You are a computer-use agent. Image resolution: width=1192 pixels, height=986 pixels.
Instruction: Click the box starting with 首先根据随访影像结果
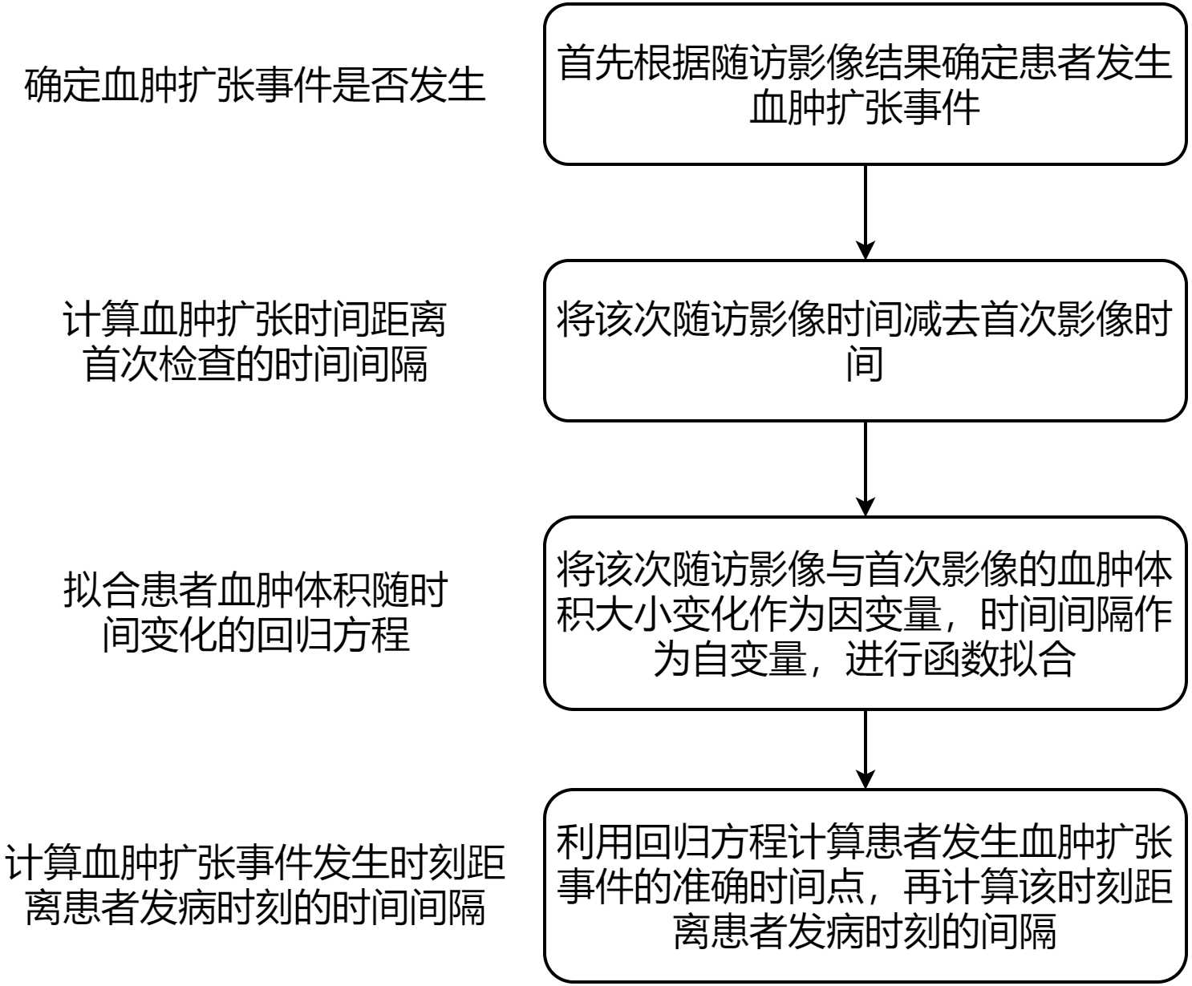[x=865, y=84]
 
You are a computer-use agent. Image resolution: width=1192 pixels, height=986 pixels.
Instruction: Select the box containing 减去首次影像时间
[x=865, y=341]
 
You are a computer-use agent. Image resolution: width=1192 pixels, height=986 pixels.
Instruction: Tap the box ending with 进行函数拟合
[x=865, y=613]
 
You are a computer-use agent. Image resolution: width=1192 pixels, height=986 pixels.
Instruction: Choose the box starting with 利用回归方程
[x=865, y=886]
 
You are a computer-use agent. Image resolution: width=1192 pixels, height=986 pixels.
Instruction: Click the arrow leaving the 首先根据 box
[x=865, y=212]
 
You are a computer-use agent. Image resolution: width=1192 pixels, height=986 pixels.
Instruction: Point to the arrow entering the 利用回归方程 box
[x=865, y=749]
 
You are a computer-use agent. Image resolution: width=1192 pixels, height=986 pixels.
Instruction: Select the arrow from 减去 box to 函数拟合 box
[x=865, y=468]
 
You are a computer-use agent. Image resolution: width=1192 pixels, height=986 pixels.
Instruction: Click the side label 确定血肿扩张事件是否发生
[x=255, y=85]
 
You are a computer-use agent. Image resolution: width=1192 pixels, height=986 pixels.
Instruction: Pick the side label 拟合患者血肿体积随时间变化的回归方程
[x=255, y=613]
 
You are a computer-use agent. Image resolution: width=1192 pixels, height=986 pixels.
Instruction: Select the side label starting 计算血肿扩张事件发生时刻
[x=255, y=885]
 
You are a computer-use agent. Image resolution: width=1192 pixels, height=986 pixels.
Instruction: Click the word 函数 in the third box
[x=961, y=659]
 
